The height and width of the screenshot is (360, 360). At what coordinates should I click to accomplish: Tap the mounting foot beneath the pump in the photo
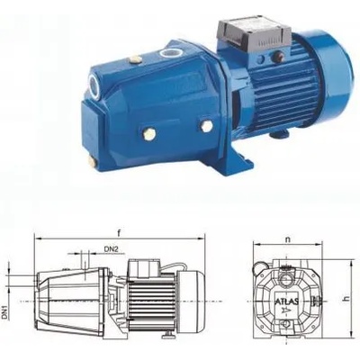(x=202, y=161)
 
